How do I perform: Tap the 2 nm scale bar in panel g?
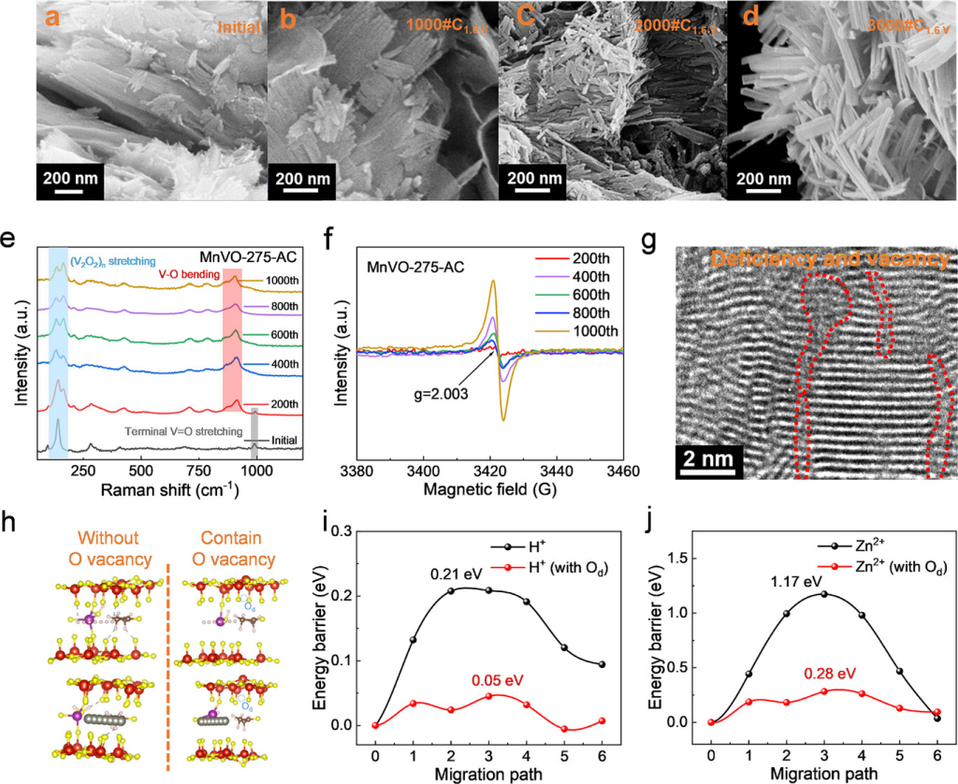(709, 458)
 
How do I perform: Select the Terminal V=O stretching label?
(179, 432)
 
